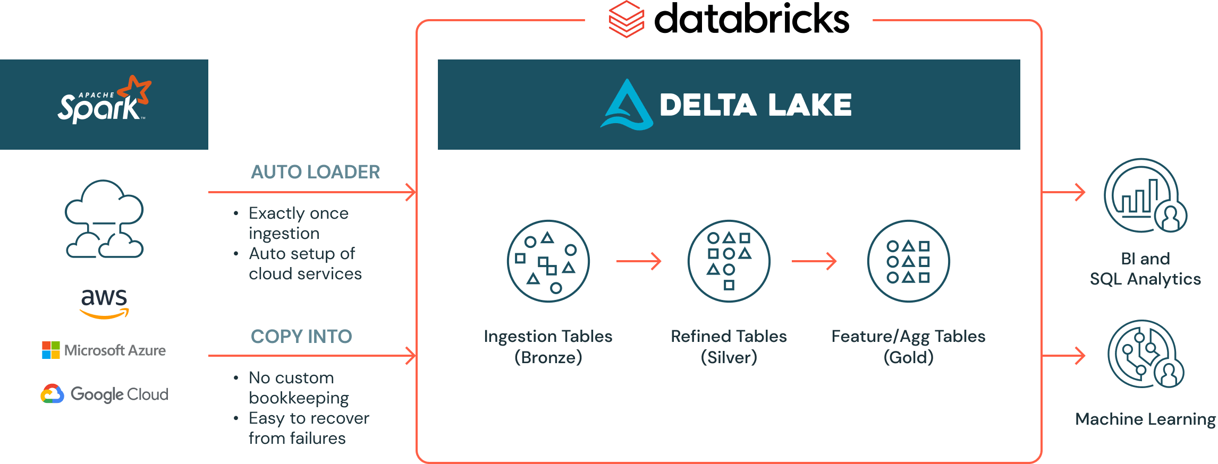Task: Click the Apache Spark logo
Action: [x=104, y=101]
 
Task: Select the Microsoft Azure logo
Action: [x=104, y=350]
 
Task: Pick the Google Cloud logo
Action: [x=105, y=394]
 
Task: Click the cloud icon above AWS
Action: [x=104, y=219]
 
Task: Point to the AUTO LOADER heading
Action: [x=315, y=172]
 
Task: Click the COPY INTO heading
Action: [x=301, y=336]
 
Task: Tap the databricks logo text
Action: [x=751, y=19]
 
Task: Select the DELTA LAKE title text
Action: [x=755, y=105]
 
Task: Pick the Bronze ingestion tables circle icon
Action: [x=548, y=261]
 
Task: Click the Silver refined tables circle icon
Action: [x=729, y=261]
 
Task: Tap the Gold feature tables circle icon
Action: [x=908, y=261]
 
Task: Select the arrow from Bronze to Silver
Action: [x=638, y=261]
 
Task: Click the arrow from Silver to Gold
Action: [x=814, y=261]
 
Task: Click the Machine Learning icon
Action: [x=1145, y=354]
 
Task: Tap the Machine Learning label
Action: [x=1145, y=419]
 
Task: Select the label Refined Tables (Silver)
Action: [x=729, y=346]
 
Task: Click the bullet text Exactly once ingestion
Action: [x=298, y=223]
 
